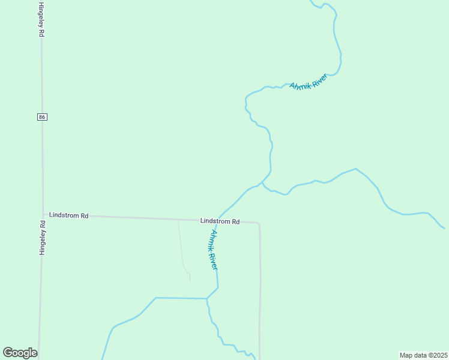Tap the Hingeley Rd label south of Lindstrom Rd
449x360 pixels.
(43, 238)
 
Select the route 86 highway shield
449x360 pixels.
(41, 117)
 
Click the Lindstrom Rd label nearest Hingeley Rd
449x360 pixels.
(69, 215)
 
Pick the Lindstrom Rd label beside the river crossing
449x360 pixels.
(220, 221)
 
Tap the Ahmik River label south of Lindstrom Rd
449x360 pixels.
(213, 249)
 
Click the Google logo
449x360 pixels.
(20, 353)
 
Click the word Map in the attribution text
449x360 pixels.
(406, 355)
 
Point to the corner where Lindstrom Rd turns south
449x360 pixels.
(259, 224)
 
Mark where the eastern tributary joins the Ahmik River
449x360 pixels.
(262, 182)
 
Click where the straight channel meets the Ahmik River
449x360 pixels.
(207, 298)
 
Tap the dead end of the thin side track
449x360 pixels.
(190, 280)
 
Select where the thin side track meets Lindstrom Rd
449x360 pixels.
(178, 220)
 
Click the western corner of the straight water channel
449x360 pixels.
(155, 298)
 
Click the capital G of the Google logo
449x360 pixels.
(8, 353)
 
